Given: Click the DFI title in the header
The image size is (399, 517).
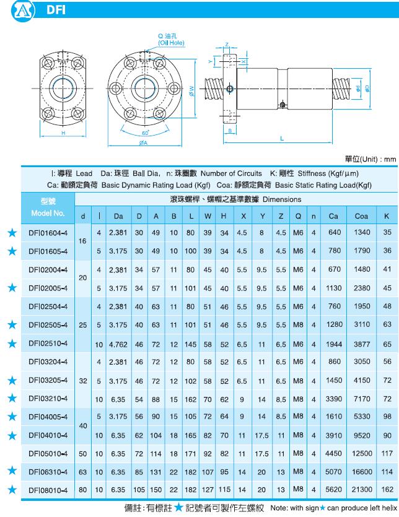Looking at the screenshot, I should (x=55, y=11).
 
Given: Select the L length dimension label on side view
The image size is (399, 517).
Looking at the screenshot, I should (x=282, y=139).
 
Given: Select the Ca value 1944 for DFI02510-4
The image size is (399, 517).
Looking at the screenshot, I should (x=334, y=343).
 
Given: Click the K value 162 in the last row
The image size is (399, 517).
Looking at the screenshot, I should (x=387, y=489).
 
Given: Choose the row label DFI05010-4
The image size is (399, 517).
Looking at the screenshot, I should (x=48, y=453).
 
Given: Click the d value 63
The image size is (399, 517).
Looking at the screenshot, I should (x=83, y=471).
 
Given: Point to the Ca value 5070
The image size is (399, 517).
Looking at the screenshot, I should (x=334, y=471).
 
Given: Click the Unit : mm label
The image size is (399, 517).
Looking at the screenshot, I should (x=370, y=159).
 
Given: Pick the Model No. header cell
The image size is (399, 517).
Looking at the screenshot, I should (x=48, y=207).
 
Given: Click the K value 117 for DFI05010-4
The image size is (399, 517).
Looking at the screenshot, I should (x=387, y=453).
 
